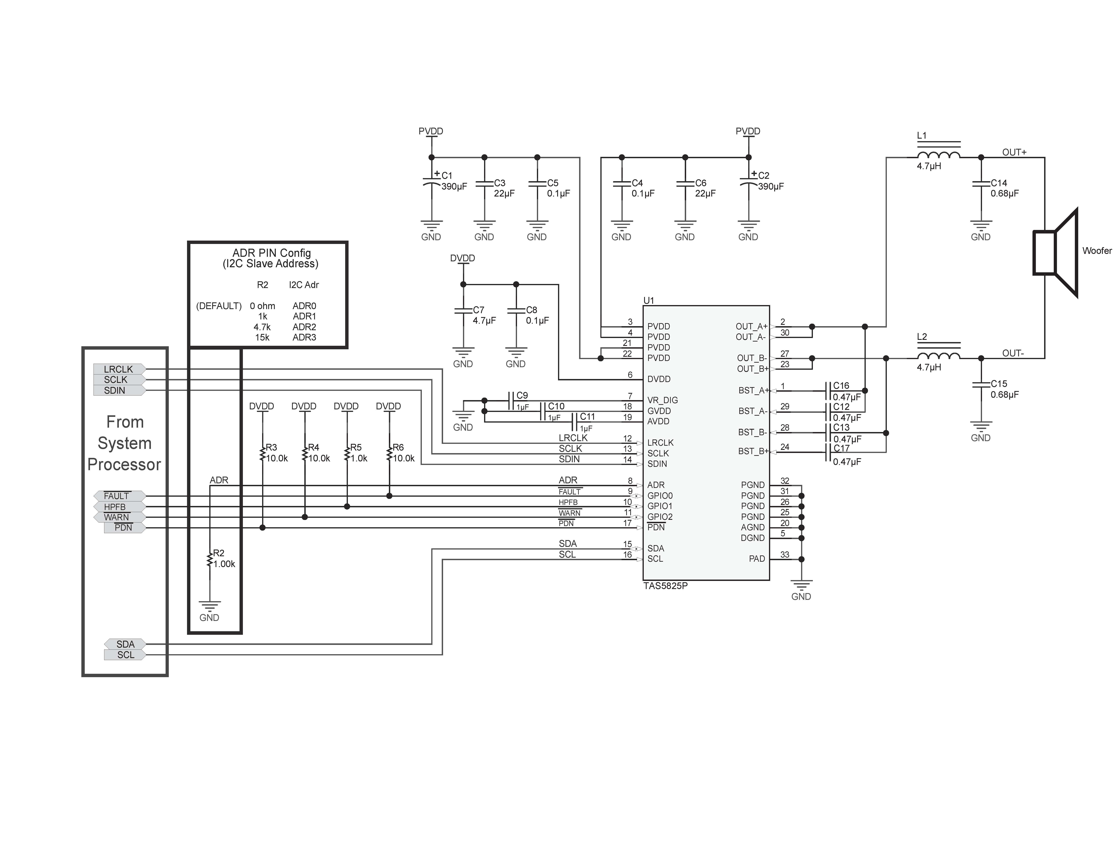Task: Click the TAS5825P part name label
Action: pyautogui.click(x=665, y=586)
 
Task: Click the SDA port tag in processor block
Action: pyautogui.click(x=125, y=644)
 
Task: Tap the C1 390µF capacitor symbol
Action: pyautogui.click(x=432, y=182)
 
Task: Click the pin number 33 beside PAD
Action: pyautogui.click(x=785, y=555)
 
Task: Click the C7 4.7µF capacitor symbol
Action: pyautogui.click(x=463, y=310)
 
